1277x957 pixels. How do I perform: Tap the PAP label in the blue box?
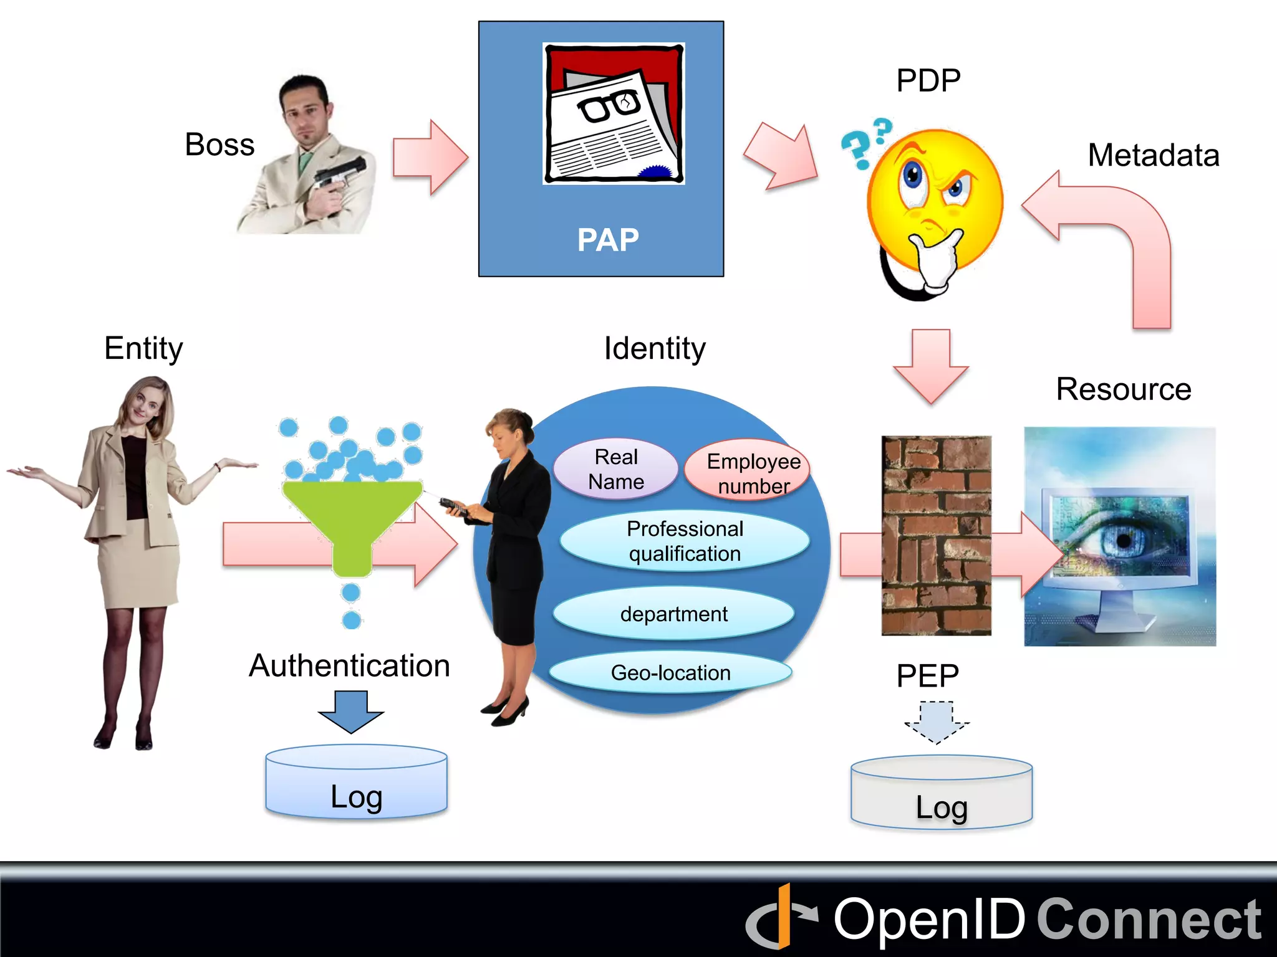tap(608, 240)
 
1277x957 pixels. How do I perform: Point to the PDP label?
tap(928, 80)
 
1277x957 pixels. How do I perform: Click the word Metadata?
tap(1154, 155)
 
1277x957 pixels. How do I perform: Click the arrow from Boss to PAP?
tap(430, 158)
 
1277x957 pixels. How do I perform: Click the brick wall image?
tap(936, 535)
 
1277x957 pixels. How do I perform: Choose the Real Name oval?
tap(616, 469)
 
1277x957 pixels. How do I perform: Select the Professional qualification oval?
tap(685, 541)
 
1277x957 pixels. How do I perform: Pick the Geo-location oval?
tap(670, 673)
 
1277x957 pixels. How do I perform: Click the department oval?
tap(673, 614)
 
